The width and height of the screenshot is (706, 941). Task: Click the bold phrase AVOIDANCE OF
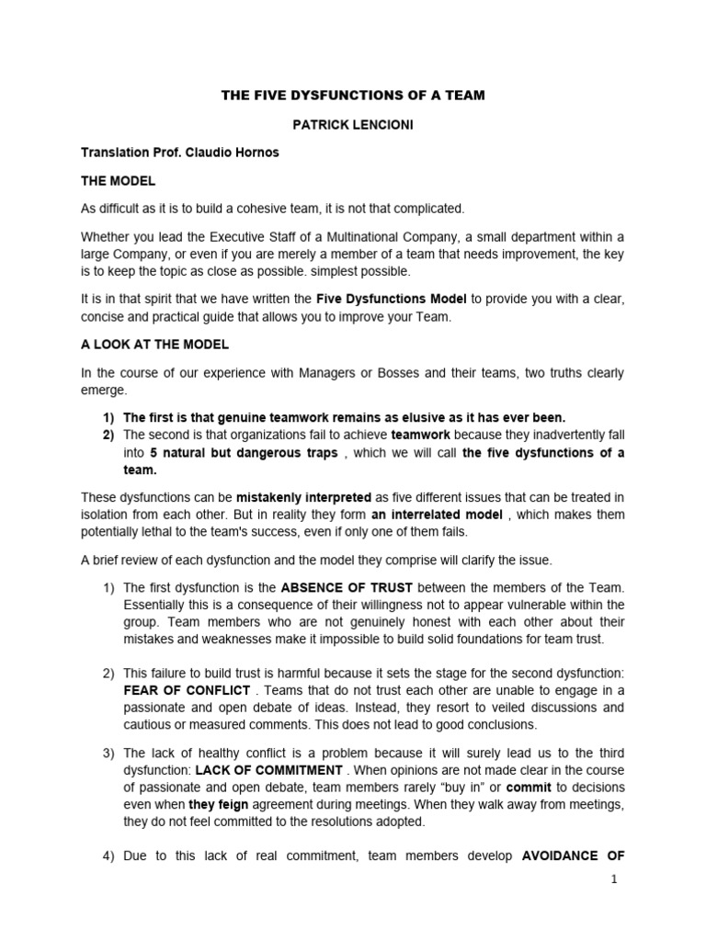click(574, 856)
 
